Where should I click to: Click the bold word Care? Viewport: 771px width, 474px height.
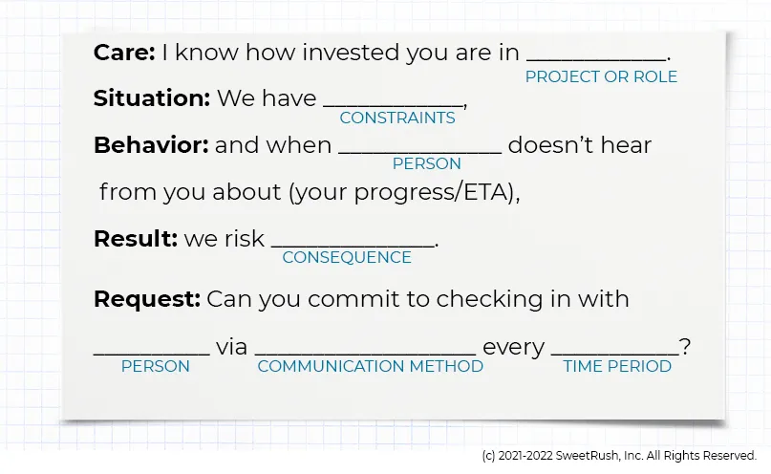(x=124, y=53)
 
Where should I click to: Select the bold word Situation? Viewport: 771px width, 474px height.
(x=151, y=98)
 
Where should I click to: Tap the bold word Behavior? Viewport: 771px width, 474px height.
(x=151, y=145)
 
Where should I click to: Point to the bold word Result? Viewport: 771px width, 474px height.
(x=136, y=239)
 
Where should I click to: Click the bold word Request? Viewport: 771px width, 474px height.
(x=147, y=299)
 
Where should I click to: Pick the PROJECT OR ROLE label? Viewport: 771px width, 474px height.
(x=601, y=77)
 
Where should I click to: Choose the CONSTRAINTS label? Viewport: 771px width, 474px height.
(x=397, y=118)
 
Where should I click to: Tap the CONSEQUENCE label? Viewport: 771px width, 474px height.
(x=347, y=258)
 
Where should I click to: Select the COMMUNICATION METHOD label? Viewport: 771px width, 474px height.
(x=371, y=367)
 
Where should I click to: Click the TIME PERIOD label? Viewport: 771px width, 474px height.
(x=617, y=367)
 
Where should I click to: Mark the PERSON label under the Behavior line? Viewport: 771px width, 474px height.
(x=427, y=164)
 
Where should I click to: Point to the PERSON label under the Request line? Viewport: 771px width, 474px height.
(x=155, y=367)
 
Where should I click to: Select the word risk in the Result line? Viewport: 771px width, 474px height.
(x=244, y=239)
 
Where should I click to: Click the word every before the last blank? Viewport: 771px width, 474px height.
(x=513, y=347)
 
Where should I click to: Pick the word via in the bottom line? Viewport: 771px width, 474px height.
(x=231, y=347)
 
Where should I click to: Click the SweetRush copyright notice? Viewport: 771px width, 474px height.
(x=619, y=456)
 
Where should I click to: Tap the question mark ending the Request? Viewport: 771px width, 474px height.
(x=684, y=347)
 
